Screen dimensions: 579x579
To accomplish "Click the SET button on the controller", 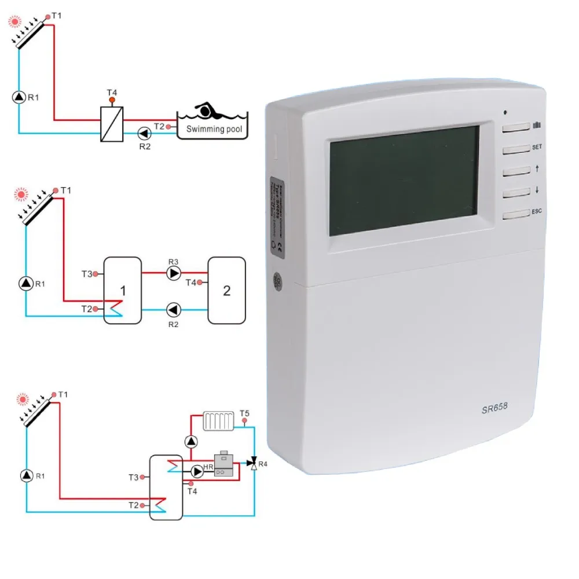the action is point(516,149).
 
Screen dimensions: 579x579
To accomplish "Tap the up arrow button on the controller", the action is point(516,171).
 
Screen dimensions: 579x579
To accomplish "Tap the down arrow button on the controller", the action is point(516,193).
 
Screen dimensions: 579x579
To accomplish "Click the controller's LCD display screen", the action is point(404,181).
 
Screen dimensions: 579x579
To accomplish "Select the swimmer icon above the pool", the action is point(207,110).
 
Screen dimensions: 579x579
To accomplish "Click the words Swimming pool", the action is point(214,129).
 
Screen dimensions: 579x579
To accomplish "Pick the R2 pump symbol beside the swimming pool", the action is point(143,134).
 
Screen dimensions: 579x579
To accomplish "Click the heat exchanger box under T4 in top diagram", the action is point(111,124).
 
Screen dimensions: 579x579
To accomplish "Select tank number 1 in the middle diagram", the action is point(122,289).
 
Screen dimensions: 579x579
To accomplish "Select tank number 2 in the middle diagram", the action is point(226,290).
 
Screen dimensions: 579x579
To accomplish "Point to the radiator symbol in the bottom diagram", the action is point(218,421).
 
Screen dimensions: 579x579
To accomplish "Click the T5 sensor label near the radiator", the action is point(244,413).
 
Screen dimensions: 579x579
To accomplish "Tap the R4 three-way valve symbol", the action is point(253,463).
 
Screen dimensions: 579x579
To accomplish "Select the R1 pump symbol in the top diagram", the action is point(19,97).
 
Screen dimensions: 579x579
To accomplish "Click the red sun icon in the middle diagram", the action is point(21,192).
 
